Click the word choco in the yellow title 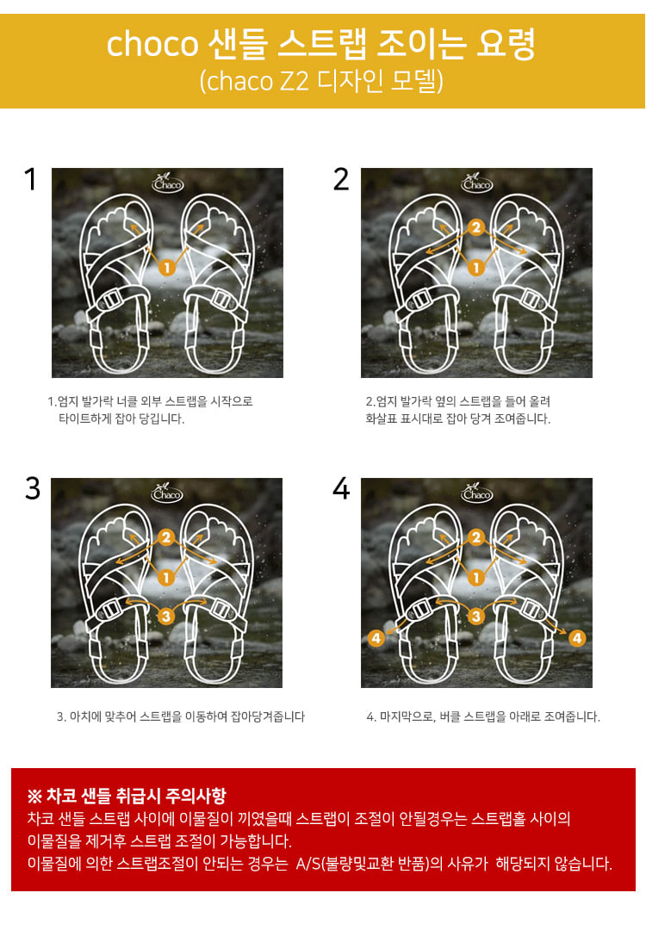click(152, 45)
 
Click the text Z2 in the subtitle click(294, 81)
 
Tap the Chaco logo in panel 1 click(167, 182)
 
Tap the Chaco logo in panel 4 click(476, 493)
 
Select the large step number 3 click(33, 489)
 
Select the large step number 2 click(341, 179)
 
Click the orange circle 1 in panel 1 click(167, 268)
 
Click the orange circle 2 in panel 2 click(475, 227)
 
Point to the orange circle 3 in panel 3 click(166, 617)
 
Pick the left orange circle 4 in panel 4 click(376, 638)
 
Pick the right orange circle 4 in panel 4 click(576, 638)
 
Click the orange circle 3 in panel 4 click(475, 617)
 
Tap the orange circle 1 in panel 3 click(166, 577)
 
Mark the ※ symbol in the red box click(34, 796)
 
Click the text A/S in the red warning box click(307, 864)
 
